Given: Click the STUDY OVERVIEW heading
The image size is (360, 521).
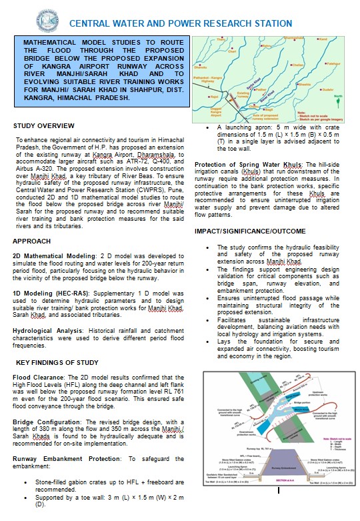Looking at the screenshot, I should coord(44,125).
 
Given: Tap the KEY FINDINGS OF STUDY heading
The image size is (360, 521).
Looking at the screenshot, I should coord(58,363).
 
